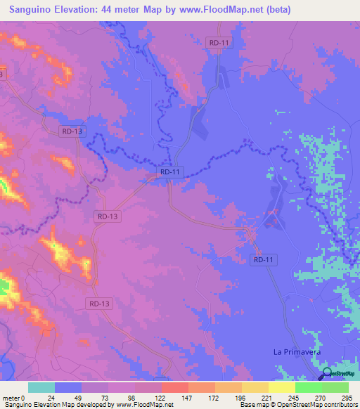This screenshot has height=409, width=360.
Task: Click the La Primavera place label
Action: click(x=296, y=350)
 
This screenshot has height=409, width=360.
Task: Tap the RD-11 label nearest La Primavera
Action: click(x=262, y=260)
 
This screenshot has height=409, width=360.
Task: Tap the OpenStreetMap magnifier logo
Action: click(x=328, y=375)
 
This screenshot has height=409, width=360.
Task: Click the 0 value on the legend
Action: click(x=23, y=397)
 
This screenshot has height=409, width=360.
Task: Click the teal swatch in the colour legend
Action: click(x=41, y=387)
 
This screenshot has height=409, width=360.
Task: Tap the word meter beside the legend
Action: click(x=11, y=397)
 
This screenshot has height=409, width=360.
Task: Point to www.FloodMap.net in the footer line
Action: click(x=143, y=405)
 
